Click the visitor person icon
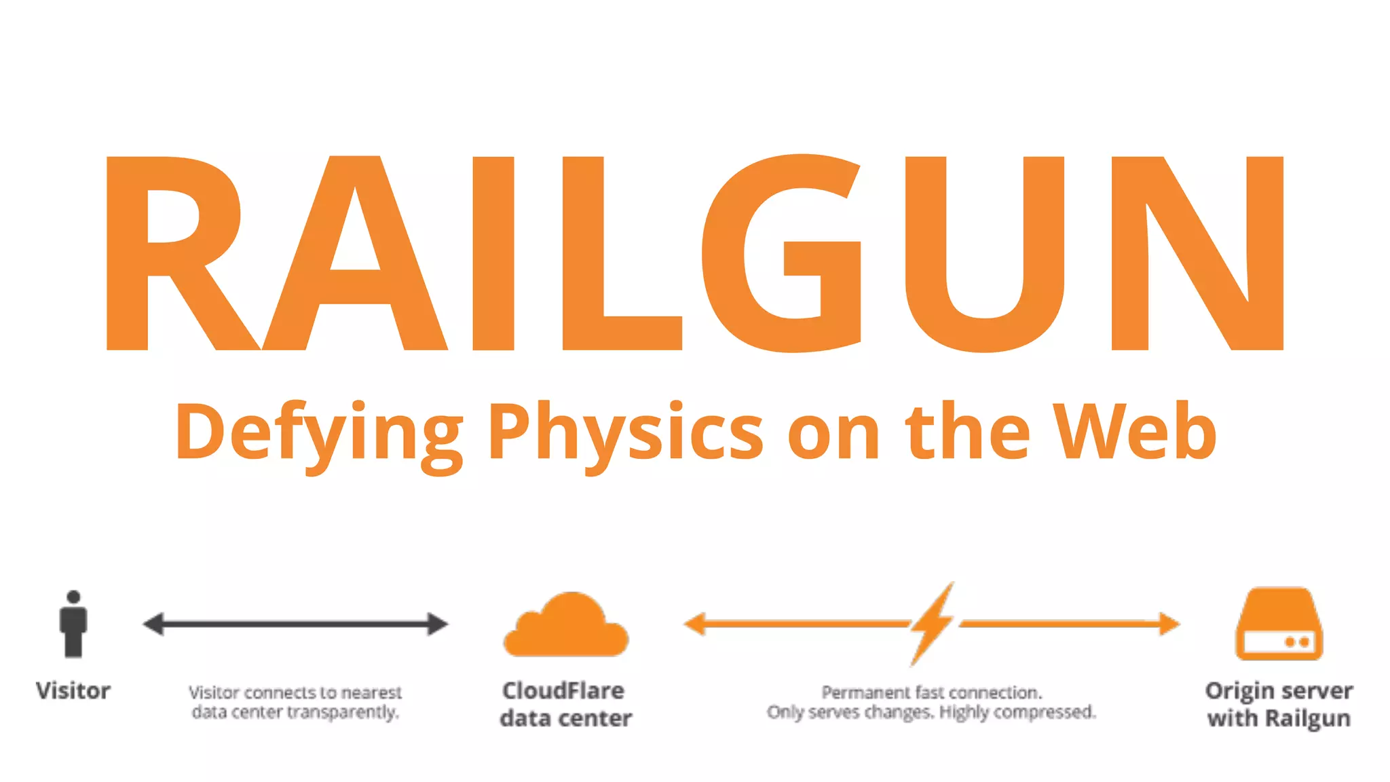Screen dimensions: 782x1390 [x=73, y=624]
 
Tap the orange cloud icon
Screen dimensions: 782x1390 [x=567, y=628]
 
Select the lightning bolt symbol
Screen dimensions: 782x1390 [x=932, y=623]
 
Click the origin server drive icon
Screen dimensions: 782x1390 [x=1279, y=625]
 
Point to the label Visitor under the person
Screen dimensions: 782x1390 [x=73, y=691]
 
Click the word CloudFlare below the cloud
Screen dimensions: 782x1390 [x=563, y=691]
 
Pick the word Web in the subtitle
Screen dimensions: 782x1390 [x=1135, y=431]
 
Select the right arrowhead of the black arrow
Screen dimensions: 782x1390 [x=437, y=624]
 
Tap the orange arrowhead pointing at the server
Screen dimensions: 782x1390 [x=1169, y=623]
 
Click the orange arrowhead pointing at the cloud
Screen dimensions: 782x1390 [x=695, y=623]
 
